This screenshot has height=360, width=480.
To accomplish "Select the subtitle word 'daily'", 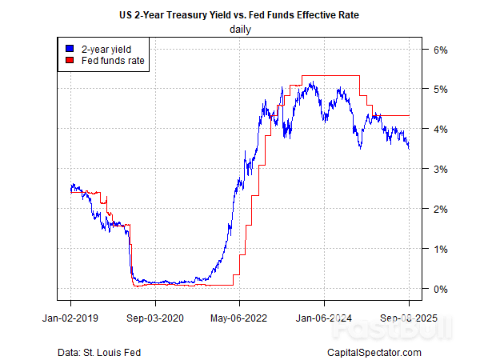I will click(240, 30).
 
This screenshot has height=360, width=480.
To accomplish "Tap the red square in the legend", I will click(68, 60).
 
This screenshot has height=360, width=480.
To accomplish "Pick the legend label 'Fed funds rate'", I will click(106, 60).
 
